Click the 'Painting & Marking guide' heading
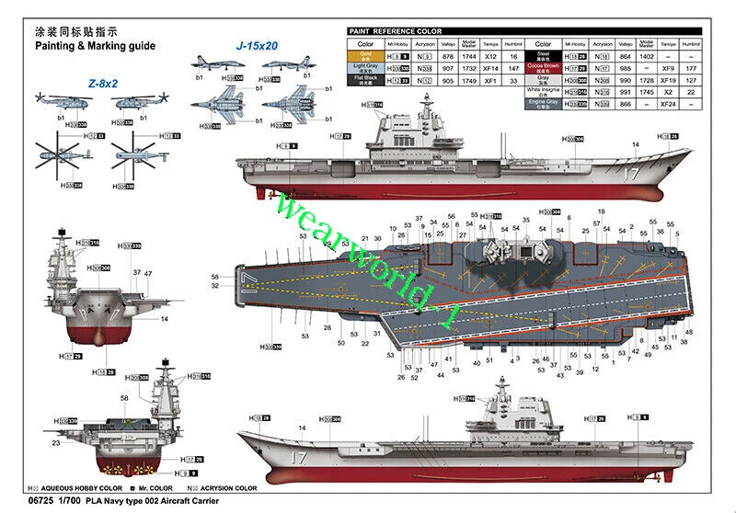coord(95,45)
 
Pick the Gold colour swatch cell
coord(366,56)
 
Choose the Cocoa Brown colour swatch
coord(543,67)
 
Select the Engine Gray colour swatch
coord(543,104)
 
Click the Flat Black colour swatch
coord(366,80)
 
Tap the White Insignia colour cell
coord(543,92)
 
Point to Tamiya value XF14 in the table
coord(489,68)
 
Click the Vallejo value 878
coord(448,56)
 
